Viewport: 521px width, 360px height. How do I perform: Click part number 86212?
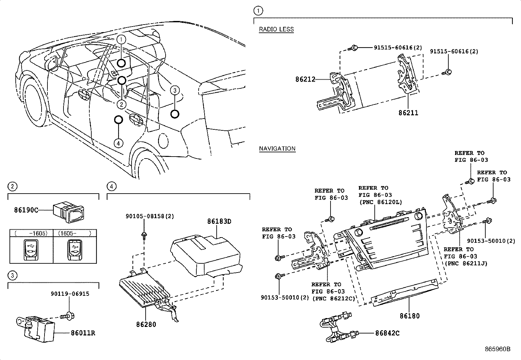pos(305,79)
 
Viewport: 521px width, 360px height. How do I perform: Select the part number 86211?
pos(408,113)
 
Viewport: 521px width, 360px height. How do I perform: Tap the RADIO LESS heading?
pos(276,29)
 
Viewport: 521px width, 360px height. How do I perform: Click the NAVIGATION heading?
pos(277,148)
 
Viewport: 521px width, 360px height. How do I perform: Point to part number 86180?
pos(409,316)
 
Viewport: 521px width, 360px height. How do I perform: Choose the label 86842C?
pos(387,333)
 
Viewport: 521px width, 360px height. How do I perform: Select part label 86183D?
pos(219,221)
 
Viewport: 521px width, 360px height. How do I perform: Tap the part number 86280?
pos(146,325)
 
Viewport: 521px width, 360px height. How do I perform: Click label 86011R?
pos(83,333)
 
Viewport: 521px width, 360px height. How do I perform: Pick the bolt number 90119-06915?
pos(70,294)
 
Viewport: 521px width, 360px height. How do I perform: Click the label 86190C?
pos(26,210)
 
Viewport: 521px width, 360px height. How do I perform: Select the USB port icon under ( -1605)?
pos(31,250)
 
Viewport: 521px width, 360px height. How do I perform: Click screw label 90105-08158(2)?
pos(150,216)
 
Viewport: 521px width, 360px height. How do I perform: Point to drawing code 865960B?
pos(497,349)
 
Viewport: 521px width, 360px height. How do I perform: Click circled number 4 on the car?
pos(118,143)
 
